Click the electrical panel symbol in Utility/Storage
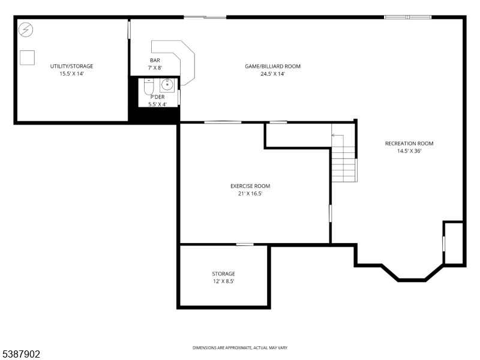26,29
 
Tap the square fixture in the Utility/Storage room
27,58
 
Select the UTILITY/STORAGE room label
71,66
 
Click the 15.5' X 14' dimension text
71,74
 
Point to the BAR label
155,61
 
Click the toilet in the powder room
149,86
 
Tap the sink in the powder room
167,85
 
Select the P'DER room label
157,97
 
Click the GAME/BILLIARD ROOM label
273,66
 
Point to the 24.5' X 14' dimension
273,74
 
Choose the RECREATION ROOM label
409,143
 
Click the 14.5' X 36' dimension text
409,151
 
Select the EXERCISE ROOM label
250,186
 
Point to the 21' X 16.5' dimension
250,193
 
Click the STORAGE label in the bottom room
223,274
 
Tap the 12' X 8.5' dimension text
223,281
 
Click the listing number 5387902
20,354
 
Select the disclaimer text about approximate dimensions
240,348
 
